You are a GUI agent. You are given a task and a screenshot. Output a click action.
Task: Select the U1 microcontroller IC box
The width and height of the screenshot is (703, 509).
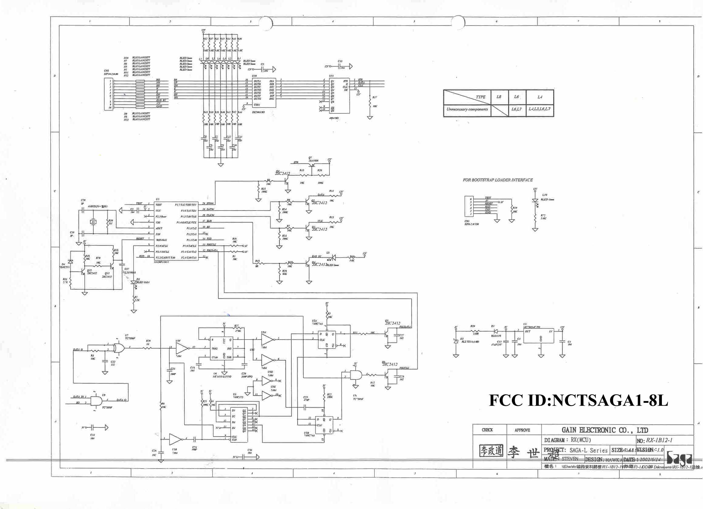pyautogui.click(x=177, y=231)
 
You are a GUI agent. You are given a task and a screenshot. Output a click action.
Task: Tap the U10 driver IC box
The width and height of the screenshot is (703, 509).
pyautogui.click(x=264, y=92)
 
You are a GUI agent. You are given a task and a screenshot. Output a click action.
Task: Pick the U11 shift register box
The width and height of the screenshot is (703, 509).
pyautogui.click(x=339, y=96)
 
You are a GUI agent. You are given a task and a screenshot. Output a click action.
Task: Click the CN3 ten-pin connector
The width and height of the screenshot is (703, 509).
pyautogui.click(x=109, y=94)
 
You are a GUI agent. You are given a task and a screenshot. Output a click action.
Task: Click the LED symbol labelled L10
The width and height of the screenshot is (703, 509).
pyautogui.click(x=535, y=201)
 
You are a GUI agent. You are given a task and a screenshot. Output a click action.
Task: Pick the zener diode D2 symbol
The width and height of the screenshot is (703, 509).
pyautogui.click(x=456, y=341)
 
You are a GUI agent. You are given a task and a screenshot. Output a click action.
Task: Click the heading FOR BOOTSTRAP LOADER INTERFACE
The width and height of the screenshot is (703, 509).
pyautogui.click(x=498, y=180)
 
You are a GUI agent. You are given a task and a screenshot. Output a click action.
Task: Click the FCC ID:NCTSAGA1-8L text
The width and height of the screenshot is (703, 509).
pyautogui.click(x=579, y=400)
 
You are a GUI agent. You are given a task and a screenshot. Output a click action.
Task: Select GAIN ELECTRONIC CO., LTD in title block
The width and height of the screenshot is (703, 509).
pyautogui.click(x=605, y=430)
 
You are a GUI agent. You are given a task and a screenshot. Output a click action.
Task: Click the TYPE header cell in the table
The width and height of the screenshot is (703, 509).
pyautogui.click(x=481, y=97)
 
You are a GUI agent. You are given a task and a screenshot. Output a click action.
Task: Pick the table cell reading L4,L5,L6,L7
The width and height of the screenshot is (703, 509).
pyautogui.click(x=540, y=109)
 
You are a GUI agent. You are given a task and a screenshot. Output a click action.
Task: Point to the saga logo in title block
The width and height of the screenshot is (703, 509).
pyautogui.click(x=679, y=458)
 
